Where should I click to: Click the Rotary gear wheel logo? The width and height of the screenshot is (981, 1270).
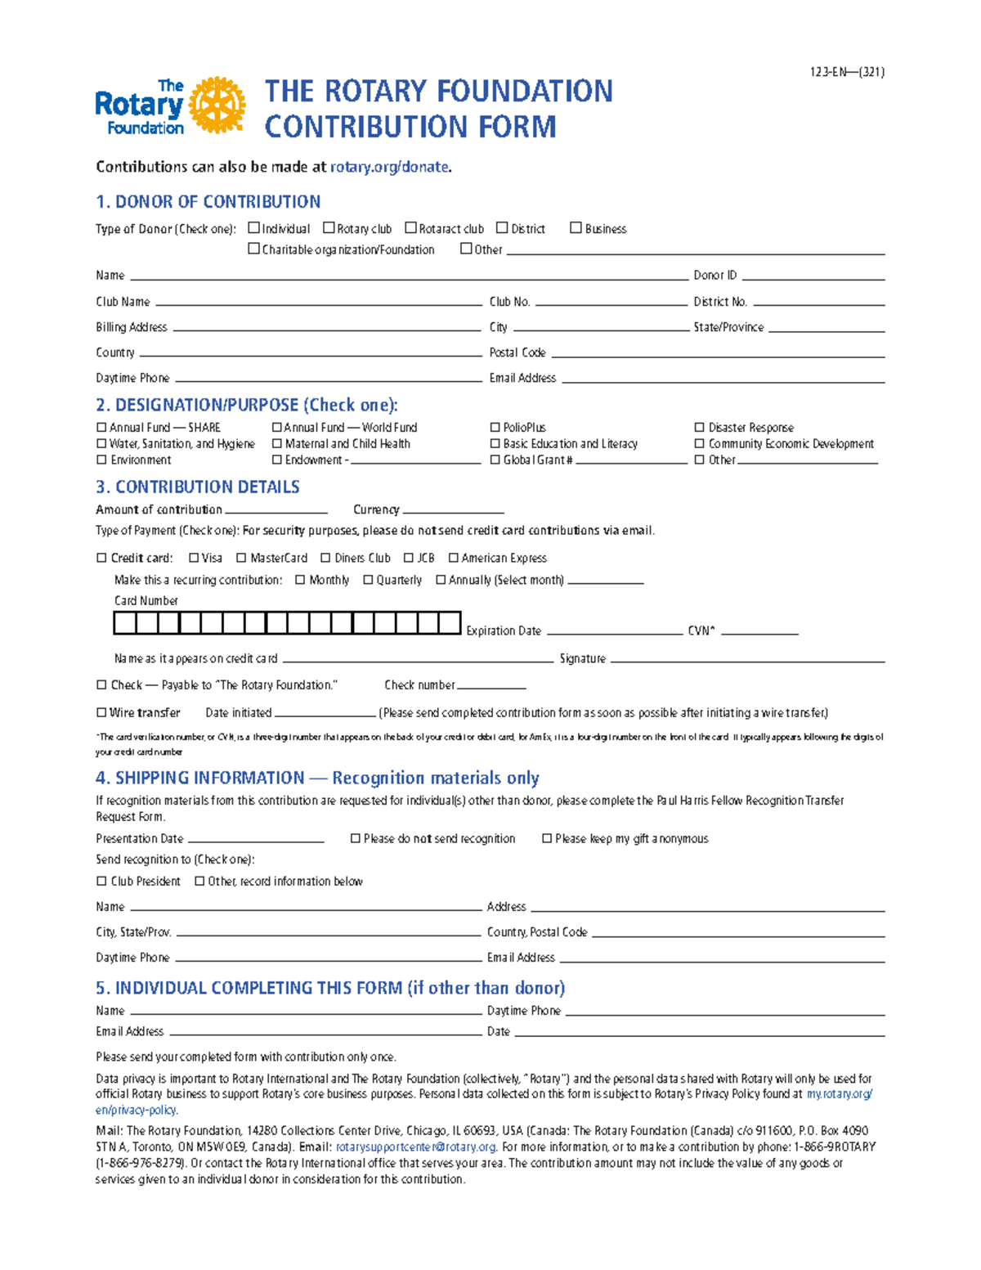217,105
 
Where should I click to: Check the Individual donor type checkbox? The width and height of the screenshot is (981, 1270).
253,228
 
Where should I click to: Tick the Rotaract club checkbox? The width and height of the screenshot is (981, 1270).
410,228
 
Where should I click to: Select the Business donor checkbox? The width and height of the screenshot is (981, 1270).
576,228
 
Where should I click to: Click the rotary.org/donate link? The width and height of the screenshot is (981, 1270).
389,167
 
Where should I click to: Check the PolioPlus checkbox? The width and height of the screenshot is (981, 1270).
495,428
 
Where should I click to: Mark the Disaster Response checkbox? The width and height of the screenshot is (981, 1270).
699,428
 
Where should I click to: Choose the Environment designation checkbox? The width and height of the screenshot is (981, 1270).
101,460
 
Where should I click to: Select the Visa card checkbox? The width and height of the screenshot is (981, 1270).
194,558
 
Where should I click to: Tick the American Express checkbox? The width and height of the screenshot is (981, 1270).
453,558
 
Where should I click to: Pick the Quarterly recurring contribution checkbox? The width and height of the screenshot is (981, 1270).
368,580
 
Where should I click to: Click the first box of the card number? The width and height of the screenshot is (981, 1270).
124,623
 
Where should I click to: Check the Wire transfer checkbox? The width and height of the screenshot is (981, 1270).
101,712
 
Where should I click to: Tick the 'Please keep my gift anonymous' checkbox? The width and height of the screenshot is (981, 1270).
547,838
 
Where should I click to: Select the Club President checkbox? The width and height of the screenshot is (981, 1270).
101,881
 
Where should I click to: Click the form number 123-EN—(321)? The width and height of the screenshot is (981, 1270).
847,72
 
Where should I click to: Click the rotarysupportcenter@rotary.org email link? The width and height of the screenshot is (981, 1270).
416,1147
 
